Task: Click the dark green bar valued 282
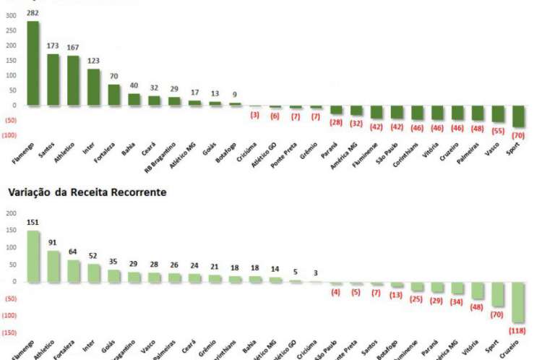(33, 63)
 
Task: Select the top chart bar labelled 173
(53, 80)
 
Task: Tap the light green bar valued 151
(33, 256)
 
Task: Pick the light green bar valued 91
(53, 266)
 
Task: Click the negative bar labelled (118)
(518, 302)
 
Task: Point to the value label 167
(74, 48)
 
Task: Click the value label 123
(93, 61)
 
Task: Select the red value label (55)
(498, 132)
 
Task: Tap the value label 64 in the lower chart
(74, 252)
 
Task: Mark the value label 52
(94, 257)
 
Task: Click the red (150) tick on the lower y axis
(9, 333)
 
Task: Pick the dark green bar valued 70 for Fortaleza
(114, 95)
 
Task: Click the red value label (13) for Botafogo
(397, 294)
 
